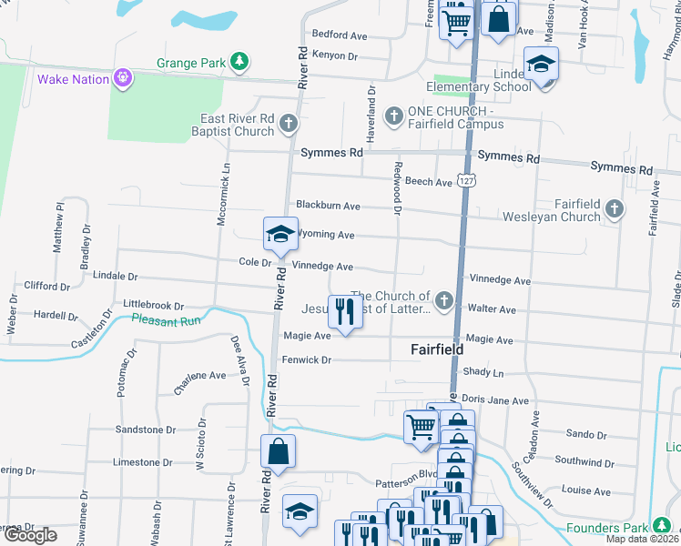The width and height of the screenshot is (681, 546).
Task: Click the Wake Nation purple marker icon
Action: click(124, 78)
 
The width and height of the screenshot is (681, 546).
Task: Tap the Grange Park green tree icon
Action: click(239, 62)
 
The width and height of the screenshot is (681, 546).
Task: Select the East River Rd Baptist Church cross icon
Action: click(289, 123)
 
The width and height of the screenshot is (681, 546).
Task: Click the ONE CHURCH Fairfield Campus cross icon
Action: click(394, 116)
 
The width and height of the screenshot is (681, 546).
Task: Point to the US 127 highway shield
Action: click(466, 179)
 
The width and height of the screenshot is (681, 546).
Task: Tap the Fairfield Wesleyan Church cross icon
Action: click(615, 209)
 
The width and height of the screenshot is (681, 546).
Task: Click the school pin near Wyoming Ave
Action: click(280, 234)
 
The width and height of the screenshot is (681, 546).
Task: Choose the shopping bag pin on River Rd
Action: click(278, 451)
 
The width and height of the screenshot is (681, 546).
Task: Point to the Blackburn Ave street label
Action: click(328, 206)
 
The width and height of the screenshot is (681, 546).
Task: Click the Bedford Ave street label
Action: click(339, 35)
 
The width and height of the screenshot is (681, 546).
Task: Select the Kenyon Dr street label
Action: click(334, 56)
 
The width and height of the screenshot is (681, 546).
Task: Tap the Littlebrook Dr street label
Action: click(154, 307)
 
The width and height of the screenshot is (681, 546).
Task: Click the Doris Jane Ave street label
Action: click(495, 400)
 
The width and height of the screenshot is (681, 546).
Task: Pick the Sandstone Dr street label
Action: click(146, 430)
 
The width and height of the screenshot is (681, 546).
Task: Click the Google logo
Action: click(29, 535)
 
